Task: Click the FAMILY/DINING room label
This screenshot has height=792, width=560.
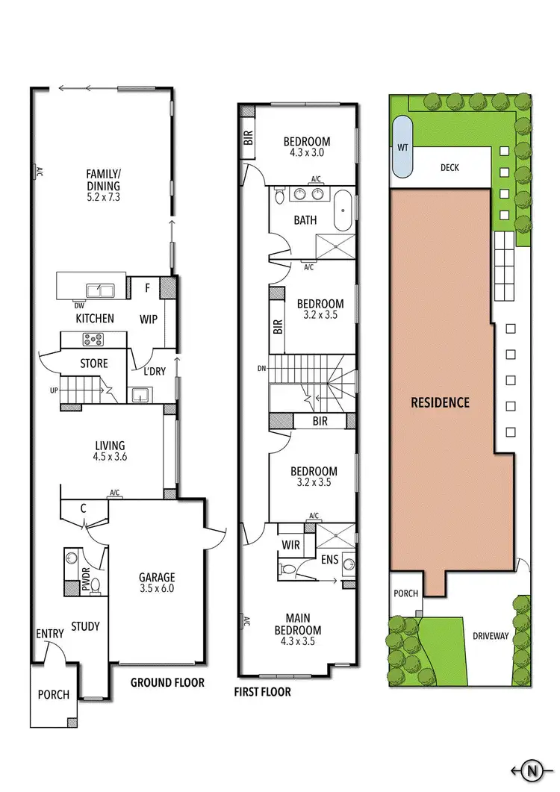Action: pyautogui.click(x=103, y=180)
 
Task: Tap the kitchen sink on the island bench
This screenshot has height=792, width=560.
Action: pyautogui.click(x=100, y=290)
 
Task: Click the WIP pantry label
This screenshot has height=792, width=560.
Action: pyautogui.click(x=149, y=319)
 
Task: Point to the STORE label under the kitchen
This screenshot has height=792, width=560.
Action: pyautogui.click(x=94, y=364)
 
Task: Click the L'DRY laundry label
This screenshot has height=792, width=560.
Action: pyautogui.click(x=153, y=371)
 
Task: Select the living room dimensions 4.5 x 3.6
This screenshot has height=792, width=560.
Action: pyautogui.click(x=104, y=458)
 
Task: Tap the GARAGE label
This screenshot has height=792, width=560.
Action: pyautogui.click(x=156, y=577)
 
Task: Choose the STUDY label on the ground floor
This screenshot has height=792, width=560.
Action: pyautogui.click(x=85, y=626)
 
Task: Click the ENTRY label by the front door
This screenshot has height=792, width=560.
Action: pyautogui.click(x=50, y=634)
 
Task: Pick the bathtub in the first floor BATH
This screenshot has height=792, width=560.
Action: pyautogui.click(x=343, y=213)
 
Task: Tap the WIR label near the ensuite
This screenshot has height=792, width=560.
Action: pyautogui.click(x=291, y=546)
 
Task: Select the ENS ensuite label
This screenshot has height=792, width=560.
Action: pyautogui.click(x=330, y=559)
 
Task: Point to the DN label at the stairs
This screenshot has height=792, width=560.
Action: pyautogui.click(x=261, y=368)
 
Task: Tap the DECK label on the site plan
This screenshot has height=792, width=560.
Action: pyautogui.click(x=449, y=168)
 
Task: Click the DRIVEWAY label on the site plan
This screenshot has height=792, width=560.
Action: pyautogui.click(x=491, y=637)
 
